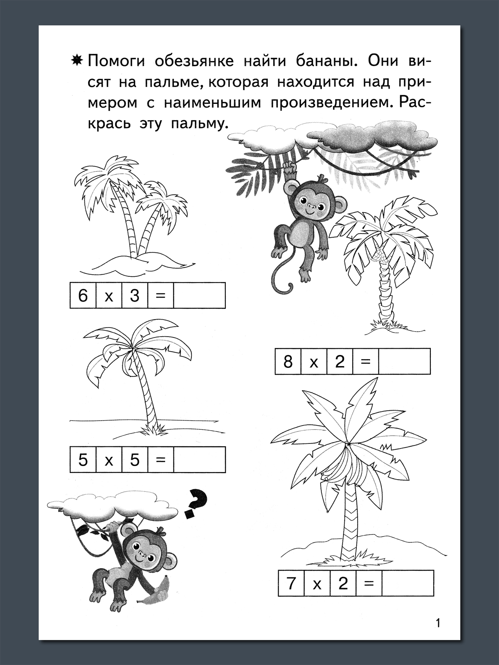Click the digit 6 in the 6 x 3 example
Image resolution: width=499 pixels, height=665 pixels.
(x=83, y=296)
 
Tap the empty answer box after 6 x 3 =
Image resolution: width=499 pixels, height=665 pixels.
(x=200, y=296)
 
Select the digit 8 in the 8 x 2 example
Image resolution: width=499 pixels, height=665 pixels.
(x=288, y=362)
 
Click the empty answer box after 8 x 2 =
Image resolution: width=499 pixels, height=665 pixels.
(x=405, y=362)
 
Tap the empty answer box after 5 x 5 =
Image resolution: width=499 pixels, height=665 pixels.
(x=200, y=460)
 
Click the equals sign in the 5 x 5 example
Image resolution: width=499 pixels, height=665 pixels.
(x=161, y=460)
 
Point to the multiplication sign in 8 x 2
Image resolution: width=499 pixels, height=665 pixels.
(x=314, y=362)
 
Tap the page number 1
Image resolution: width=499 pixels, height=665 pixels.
(x=437, y=630)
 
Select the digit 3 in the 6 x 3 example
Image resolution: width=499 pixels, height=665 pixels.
(x=134, y=296)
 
